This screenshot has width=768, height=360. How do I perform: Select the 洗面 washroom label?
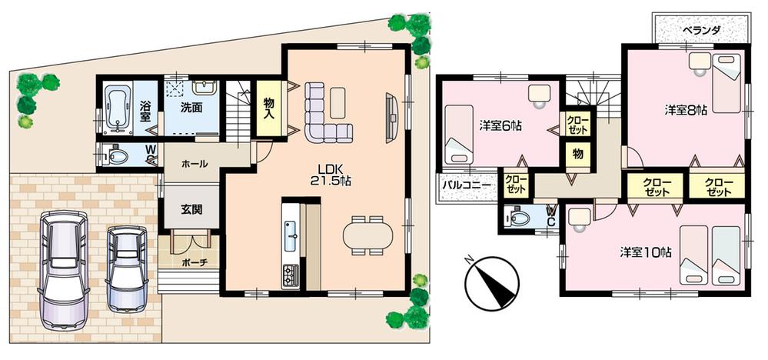(192, 108)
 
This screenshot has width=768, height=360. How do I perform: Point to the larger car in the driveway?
(62, 266)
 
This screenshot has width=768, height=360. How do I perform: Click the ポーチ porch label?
(192, 262)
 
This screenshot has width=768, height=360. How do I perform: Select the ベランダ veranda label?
(701, 30)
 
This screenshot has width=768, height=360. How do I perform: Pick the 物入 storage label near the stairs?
(269, 108)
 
